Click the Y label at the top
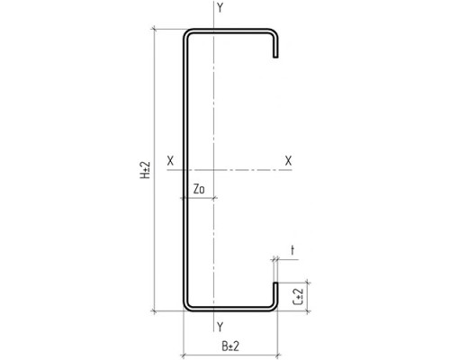tap(220, 8)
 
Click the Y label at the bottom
tap(220, 327)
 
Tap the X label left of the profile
tap(170, 161)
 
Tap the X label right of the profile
tap(288, 161)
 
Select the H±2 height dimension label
tap(145, 170)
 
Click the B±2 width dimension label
tap(230, 346)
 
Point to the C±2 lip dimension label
tap(298, 297)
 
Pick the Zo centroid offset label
tap(199, 189)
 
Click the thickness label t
tap(292, 250)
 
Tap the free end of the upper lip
tap(275, 57)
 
